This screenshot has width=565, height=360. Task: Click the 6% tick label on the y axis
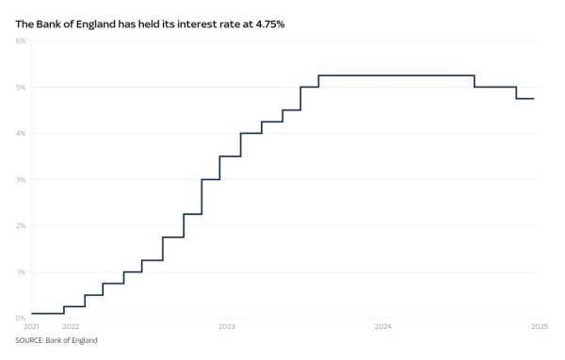(20, 41)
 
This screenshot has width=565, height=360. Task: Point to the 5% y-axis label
(20, 87)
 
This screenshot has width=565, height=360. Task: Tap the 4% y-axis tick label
(20, 133)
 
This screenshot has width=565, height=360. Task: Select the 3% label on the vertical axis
(20, 179)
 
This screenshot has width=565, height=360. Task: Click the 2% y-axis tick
(20, 225)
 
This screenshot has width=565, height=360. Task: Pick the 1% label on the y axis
(20, 271)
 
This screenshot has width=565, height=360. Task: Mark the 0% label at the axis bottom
(20, 318)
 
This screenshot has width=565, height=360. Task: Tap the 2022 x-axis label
(70, 326)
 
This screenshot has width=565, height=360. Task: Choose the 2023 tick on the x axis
(226, 326)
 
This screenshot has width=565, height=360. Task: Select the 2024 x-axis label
(383, 326)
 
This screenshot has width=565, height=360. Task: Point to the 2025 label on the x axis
(540, 326)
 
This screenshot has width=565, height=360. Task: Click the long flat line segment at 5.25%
(395, 75)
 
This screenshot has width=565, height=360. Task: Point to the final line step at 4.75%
(525, 99)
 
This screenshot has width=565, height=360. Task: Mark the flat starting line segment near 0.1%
(47, 313)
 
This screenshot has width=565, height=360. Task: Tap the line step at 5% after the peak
(495, 87)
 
